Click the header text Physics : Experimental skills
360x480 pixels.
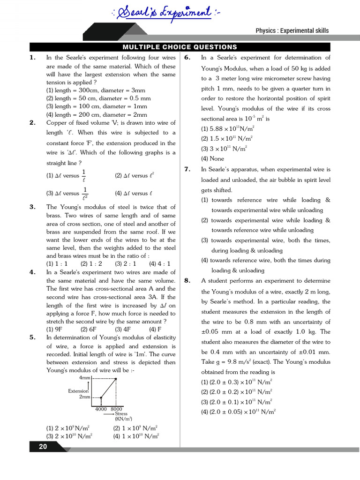pyautogui.click(x=292, y=30)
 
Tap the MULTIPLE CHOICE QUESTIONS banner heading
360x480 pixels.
pyautogui.click(x=180, y=47)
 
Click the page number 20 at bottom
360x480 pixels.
pyautogui.click(x=43, y=447)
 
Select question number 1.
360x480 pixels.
pyautogui.click(x=32, y=58)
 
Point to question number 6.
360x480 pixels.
pyautogui.click(x=187, y=58)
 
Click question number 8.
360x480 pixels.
pyautogui.click(x=187, y=281)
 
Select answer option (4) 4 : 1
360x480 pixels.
pyautogui.click(x=162, y=263)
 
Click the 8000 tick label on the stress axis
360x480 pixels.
pyautogui.click(x=117, y=409)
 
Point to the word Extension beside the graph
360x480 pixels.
pyautogui.click(x=78, y=391)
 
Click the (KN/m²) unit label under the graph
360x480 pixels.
pyautogui.click(x=123, y=419)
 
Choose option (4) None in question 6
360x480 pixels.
pyautogui.click(x=212, y=158)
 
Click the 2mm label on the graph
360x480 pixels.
pyautogui.click(x=84, y=397)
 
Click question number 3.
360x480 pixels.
pyautogui.click(x=32, y=207)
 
